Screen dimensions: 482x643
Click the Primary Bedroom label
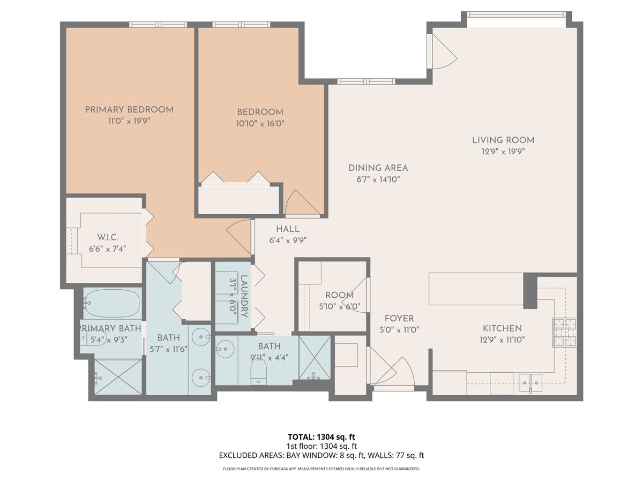tap(129, 110)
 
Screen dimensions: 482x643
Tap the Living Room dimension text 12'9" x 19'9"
tap(503, 152)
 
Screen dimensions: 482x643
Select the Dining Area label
tap(378, 168)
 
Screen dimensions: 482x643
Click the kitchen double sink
tap(530, 380)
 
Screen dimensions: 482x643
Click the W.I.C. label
tap(108, 237)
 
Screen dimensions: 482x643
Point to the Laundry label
tap(244, 296)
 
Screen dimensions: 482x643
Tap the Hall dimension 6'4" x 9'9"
tap(288, 240)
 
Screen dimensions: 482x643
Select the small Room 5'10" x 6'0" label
tap(339, 295)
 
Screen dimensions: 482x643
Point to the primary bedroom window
tap(158, 24)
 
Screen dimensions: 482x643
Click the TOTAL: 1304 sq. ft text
tap(322, 436)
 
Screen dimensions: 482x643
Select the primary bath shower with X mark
tap(118, 377)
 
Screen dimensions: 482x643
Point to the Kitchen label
tap(502, 328)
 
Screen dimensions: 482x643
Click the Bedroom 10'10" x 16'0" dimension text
tap(260, 124)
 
